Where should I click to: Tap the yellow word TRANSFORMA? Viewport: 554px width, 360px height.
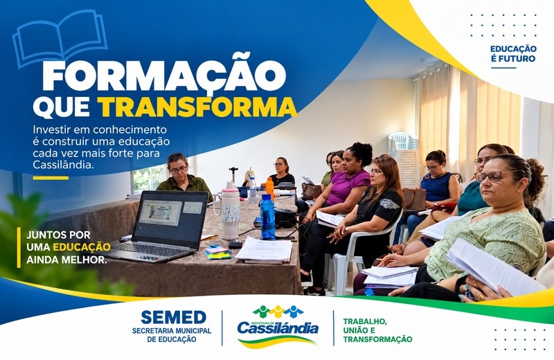point(197,107)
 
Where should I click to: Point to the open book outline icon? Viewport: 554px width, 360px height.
point(60,38)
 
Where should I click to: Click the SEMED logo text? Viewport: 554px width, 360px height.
point(173,317)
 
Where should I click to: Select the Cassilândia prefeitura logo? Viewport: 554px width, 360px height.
point(278,327)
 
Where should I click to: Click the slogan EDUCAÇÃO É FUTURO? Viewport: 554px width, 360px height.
point(513,54)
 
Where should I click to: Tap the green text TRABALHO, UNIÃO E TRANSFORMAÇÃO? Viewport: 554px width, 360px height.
point(377,330)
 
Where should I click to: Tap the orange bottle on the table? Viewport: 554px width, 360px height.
point(269,188)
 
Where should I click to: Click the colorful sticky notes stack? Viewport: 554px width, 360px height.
point(217,252)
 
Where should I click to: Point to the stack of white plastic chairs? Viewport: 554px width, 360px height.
point(404,158)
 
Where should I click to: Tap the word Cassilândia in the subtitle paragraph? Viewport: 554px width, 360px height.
point(63,164)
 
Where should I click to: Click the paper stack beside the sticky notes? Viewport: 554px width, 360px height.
point(265,250)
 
